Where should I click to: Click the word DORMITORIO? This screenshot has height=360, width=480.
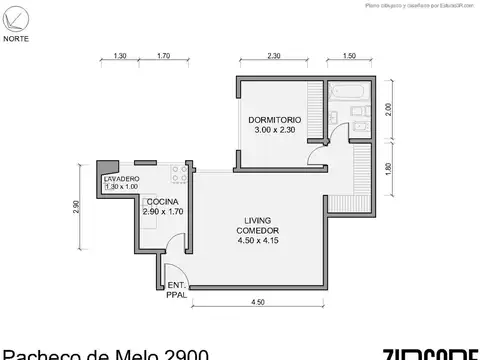pyautogui.click(x=274, y=120)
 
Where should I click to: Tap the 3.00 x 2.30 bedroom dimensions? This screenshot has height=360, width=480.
pyautogui.click(x=274, y=131)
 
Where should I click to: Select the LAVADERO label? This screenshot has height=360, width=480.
pyautogui.click(x=122, y=178)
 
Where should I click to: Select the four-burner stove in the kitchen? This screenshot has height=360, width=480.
pyautogui.click(x=180, y=175)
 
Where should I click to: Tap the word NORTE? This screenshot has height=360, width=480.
pyautogui.click(x=15, y=39)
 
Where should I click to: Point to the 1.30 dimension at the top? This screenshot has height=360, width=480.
pyautogui.click(x=121, y=56)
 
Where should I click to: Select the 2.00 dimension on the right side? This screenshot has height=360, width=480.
pyautogui.click(x=391, y=112)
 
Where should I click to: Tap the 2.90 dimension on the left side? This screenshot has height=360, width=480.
pyautogui.click(x=78, y=207)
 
